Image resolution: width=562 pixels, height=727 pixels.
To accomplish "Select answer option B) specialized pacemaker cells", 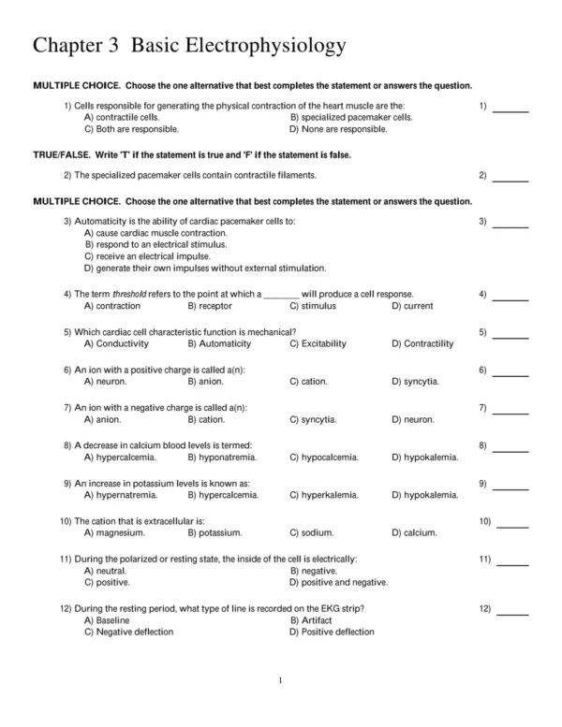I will point(351,118).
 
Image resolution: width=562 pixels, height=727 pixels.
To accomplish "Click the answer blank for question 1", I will point(510,110).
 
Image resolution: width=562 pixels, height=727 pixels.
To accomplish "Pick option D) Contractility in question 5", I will point(422,343).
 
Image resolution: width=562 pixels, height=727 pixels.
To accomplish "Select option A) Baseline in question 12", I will point(107,620).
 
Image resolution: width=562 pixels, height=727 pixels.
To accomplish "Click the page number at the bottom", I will point(281,681).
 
